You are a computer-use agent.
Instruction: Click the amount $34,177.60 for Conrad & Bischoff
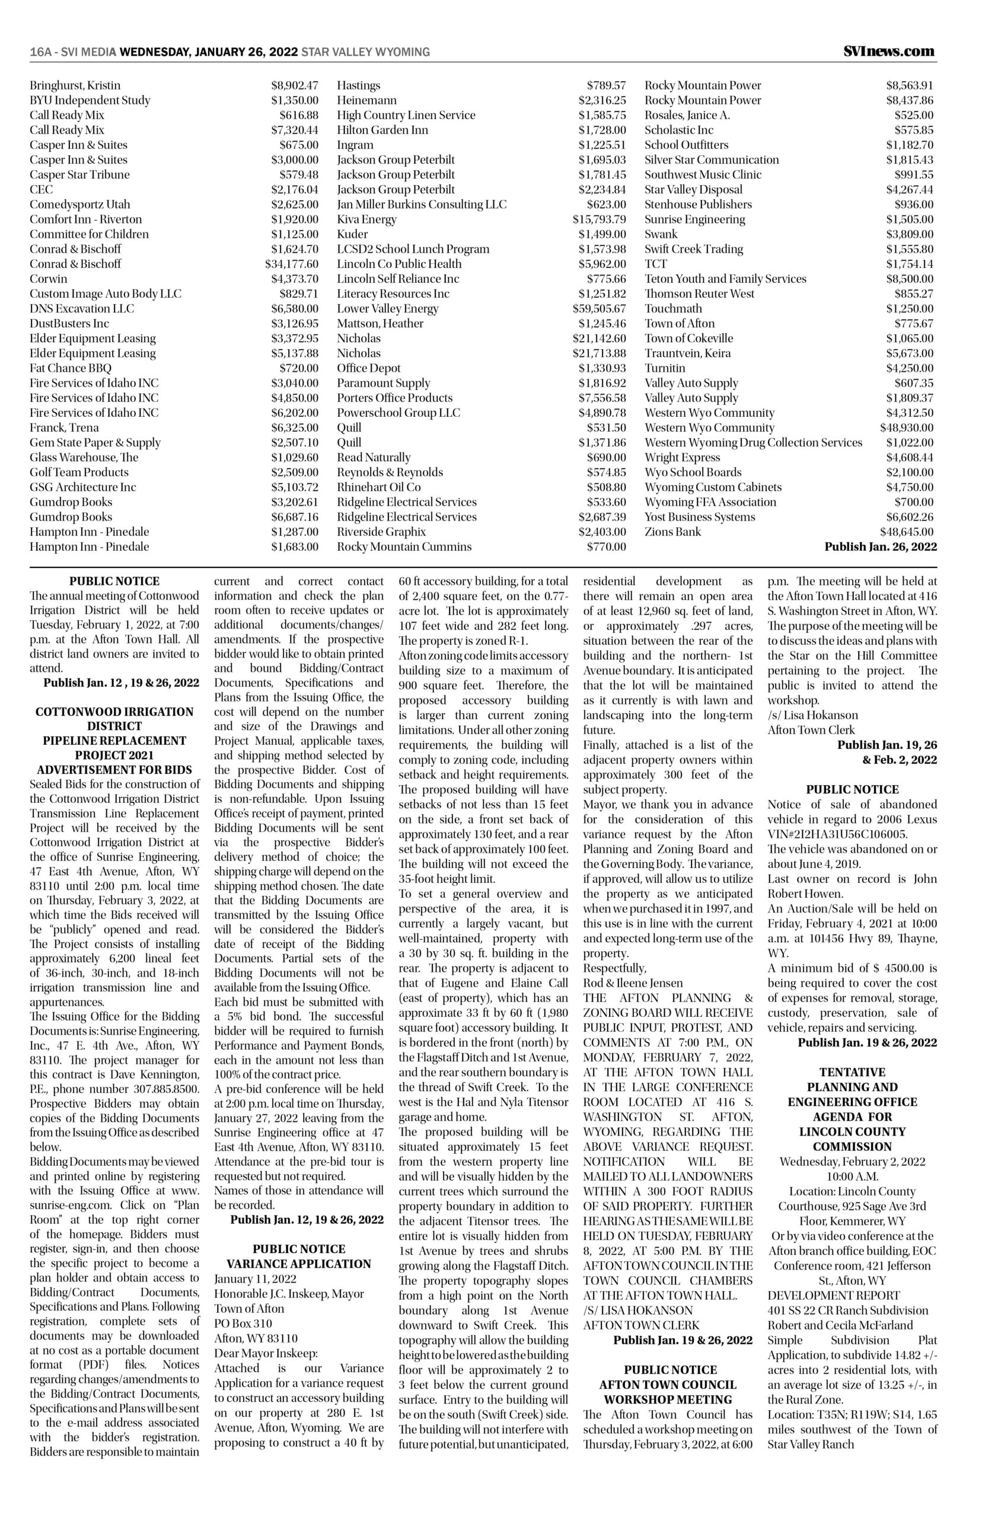[291, 264]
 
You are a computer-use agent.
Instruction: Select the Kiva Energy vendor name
[366, 219]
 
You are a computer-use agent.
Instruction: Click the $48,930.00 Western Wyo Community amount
[906, 428]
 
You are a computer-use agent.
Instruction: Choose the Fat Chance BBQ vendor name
[70, 368]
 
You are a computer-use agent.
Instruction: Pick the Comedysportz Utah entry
[79, 205]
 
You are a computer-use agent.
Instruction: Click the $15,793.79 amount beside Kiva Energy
[599, 219]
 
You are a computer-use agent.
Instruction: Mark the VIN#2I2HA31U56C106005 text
[837, 834]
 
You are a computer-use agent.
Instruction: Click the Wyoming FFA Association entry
[710, 502]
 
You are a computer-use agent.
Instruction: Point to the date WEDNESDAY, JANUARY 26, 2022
[209, 52]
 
